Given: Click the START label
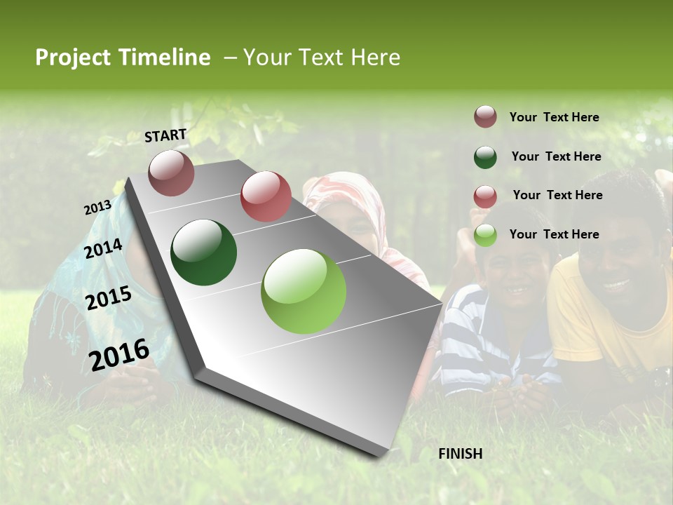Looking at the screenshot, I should click(165, 135).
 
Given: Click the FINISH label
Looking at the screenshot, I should click(460, 454).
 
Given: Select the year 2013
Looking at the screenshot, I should click(97, 208).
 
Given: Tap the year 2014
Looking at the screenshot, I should click(103, 249).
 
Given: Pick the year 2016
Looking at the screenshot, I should click(119, 355).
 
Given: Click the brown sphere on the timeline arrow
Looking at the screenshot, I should click(171, 173).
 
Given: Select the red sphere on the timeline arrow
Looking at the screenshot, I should click(266, 196).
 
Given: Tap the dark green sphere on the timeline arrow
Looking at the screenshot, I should click(203, 252).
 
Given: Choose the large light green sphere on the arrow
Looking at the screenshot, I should click(304, 291).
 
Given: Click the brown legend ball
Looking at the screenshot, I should click(485, 117).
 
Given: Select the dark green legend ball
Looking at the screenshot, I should click(485, 157).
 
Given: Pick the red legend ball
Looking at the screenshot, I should click(485, 196).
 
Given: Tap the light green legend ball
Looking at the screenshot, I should click(485, 236).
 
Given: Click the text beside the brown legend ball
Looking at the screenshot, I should click(554, 117).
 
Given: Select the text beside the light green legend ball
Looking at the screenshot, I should click(554, 234).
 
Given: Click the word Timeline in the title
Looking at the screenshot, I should click(165, 58).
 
